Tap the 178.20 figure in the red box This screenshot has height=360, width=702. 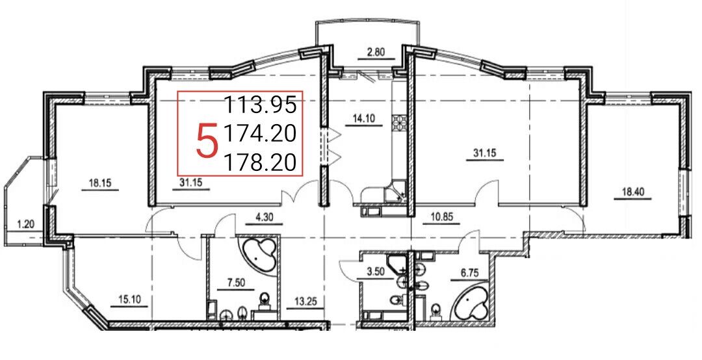[260, 162]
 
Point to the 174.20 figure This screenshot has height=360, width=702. [260, 133]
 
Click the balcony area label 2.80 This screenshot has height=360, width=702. [376, 51]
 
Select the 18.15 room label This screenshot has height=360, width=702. [100, 183]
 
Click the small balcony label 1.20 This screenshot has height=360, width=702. [26, 224]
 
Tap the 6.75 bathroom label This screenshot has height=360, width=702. [469, 273]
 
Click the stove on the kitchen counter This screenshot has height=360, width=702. [398, 122]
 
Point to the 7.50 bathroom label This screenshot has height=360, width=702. [235, 283]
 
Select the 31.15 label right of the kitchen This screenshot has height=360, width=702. [484, 153]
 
